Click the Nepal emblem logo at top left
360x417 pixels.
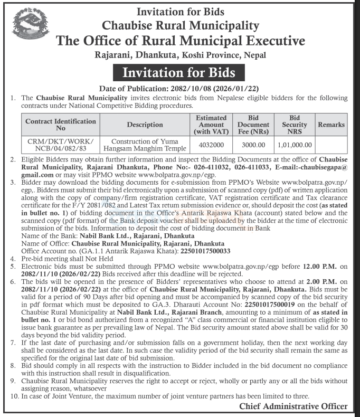[x=26, y=27]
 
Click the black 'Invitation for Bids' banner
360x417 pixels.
[x=179, y=72]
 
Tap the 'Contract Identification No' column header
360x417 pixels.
[x=61, y=125]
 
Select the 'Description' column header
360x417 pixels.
[x=145, y=125]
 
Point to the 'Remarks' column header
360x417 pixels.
[x=331, y=125]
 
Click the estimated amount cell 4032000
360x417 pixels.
[x=211, y=144]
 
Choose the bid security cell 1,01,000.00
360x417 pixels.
[x=293, y=144]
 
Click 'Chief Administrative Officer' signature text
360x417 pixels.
[x=293, y=406]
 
